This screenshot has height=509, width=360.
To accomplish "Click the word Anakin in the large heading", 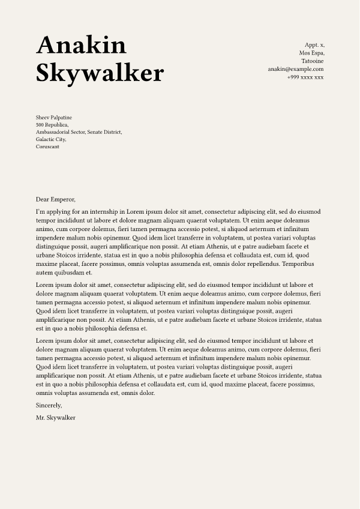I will click(81, 46).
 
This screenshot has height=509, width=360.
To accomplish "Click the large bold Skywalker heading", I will click(100, 73).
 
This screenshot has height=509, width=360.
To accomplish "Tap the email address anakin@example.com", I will click(296, 69).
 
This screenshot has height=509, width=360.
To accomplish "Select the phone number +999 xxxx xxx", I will click(305, 77).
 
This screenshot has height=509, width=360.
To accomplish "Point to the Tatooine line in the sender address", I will click(312, 61).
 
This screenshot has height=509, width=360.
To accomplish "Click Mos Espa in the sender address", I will click(311, 53).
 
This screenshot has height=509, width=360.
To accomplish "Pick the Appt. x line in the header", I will click(314, 45).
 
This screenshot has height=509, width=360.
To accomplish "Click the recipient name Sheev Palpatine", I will click(54, 117).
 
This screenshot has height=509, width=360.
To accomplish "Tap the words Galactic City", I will click(51, 139).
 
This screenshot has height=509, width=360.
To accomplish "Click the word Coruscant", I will click(47, 146).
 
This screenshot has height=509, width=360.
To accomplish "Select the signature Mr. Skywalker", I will click(56, 417).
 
